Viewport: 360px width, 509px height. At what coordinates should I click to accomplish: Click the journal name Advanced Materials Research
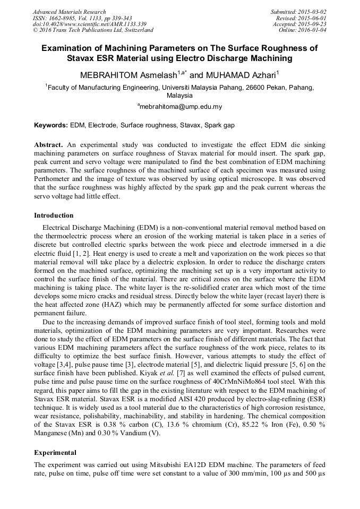click(x=69, y=12)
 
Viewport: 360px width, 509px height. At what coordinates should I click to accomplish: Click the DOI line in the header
click(x=89, y=24)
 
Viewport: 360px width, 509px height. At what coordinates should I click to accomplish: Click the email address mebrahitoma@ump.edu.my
click(x=181, y=106)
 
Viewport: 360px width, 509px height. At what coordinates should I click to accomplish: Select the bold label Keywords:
click(x=51, y=126)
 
